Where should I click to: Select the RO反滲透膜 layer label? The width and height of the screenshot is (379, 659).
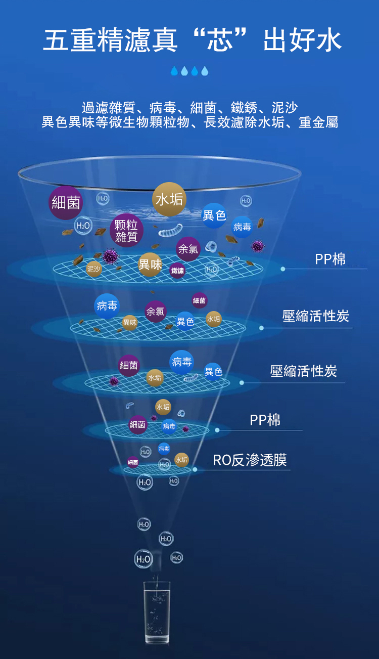250,460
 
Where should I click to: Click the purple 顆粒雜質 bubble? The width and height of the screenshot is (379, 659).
126,230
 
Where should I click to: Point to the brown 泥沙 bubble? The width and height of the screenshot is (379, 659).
93,269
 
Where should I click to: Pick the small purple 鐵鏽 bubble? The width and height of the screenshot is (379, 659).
177,271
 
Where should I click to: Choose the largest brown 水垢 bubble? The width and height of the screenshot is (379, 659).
169,199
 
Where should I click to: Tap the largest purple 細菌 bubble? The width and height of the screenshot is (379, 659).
66,203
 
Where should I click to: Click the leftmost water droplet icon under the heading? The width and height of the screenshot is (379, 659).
174,71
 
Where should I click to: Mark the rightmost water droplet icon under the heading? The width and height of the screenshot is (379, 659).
205,71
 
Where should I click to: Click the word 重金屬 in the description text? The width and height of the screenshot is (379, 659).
318,122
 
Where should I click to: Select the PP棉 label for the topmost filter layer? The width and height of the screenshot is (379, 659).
330,259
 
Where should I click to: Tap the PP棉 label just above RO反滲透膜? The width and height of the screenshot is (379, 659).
265,420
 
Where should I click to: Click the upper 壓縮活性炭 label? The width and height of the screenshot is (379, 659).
316,317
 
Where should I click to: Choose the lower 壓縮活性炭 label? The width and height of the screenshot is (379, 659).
304,371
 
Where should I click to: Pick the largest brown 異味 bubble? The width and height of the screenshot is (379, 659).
150,264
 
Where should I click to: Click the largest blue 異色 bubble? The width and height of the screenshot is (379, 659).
214,215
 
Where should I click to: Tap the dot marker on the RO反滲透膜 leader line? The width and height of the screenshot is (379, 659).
195,470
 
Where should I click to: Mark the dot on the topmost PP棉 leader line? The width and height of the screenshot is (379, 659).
283,269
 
